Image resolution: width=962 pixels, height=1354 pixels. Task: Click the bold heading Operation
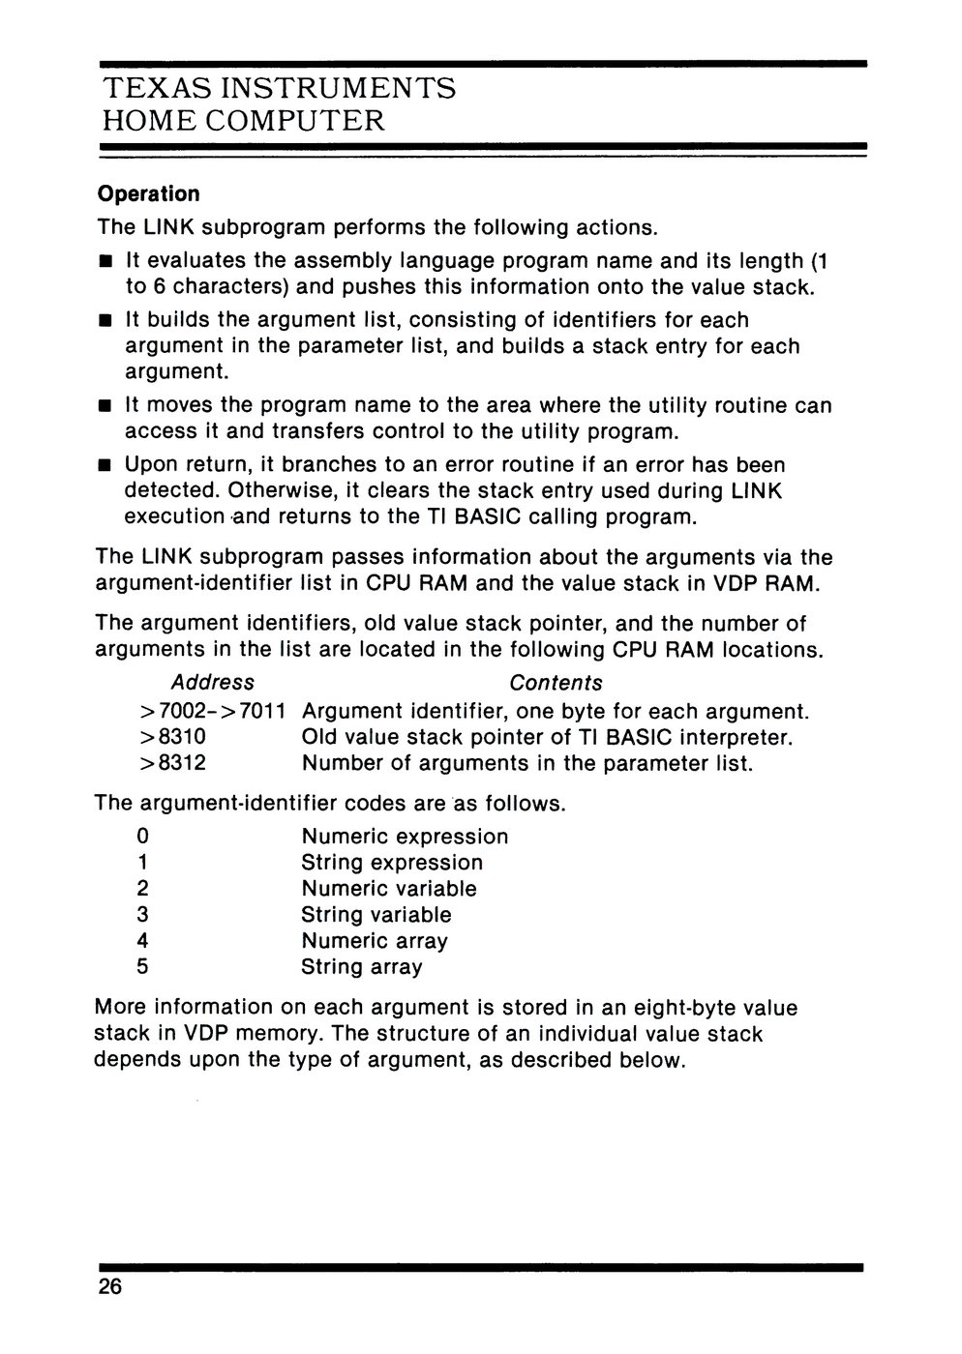click(148, 194)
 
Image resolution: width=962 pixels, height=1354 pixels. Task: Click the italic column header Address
click(212, 683)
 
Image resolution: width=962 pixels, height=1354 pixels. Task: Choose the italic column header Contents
click(556, 683)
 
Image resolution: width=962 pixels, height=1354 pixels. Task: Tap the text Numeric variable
click(389, 888)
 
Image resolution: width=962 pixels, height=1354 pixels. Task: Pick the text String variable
click(376, 914)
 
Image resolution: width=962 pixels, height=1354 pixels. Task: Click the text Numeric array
click(375, 940)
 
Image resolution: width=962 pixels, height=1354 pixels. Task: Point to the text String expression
click(392, 862)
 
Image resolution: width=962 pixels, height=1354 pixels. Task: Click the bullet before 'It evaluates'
click(105, 262)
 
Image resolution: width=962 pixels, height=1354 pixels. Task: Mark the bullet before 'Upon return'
click(105, 467)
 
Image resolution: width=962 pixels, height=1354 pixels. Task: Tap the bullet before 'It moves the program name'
click(105, 407)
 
